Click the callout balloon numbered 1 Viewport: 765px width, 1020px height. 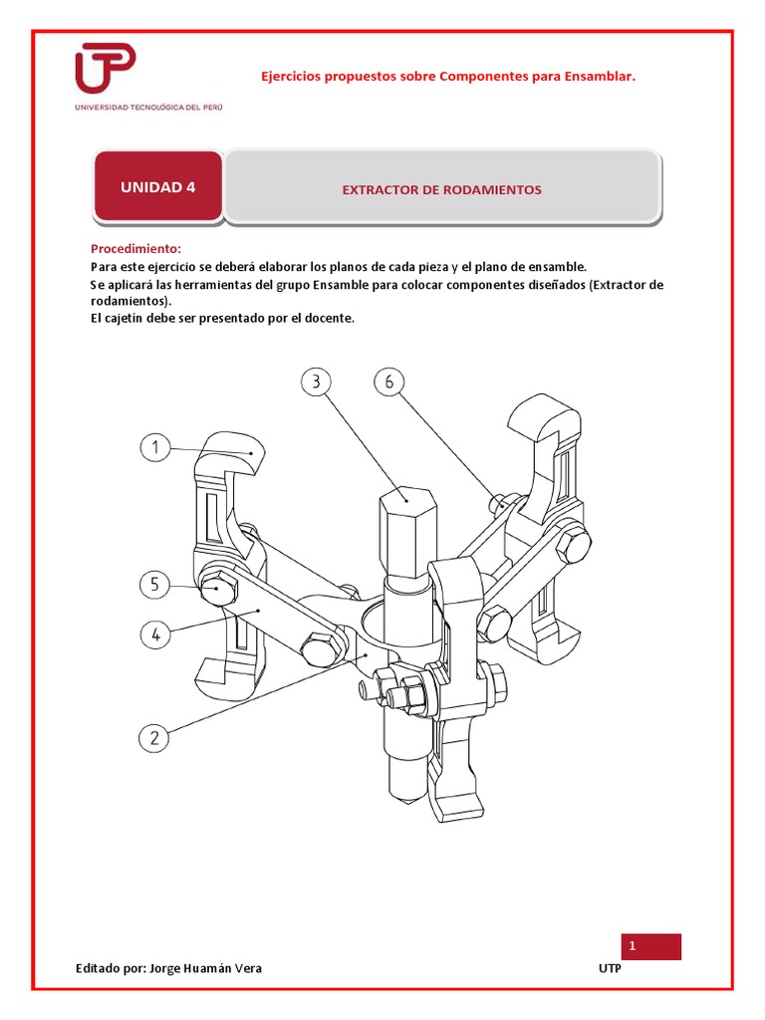[154, 447]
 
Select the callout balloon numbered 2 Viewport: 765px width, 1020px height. [154, 738]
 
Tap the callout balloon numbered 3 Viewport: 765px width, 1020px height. [316, 382]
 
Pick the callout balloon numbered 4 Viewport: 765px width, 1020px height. [155, 635]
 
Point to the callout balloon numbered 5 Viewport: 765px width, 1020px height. [154, 584]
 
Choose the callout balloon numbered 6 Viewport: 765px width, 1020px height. [389, 382]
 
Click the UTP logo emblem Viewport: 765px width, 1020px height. [106, 68]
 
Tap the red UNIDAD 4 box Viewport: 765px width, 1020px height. [158, 186]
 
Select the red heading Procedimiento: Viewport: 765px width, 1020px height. [135, 248]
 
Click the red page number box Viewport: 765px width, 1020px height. [651, 946]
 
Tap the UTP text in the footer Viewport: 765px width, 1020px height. [610, 968]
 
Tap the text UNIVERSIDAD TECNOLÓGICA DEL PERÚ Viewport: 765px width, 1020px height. [148, 108]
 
